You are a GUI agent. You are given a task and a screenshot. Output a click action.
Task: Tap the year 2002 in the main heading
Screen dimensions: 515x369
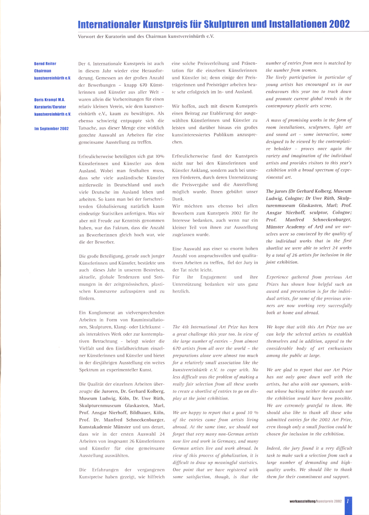click(339, 24)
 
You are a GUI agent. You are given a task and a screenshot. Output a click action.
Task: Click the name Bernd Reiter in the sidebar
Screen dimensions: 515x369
click(45, 64)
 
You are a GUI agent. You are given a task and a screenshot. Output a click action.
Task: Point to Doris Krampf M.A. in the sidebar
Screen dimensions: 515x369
click(50, 100)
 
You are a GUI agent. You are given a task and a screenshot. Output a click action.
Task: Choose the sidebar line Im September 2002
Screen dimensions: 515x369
click(51, 129)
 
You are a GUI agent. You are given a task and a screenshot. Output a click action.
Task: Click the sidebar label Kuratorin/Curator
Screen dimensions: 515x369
click(50, 107)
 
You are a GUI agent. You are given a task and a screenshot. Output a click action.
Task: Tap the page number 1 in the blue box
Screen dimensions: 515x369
click(348, 501)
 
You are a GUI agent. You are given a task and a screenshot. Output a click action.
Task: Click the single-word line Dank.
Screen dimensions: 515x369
click(178, 199)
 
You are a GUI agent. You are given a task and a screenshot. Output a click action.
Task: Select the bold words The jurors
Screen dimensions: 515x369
click(277, 191)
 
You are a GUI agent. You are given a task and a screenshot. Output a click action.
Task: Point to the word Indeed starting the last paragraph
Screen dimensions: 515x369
click(273, 448)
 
